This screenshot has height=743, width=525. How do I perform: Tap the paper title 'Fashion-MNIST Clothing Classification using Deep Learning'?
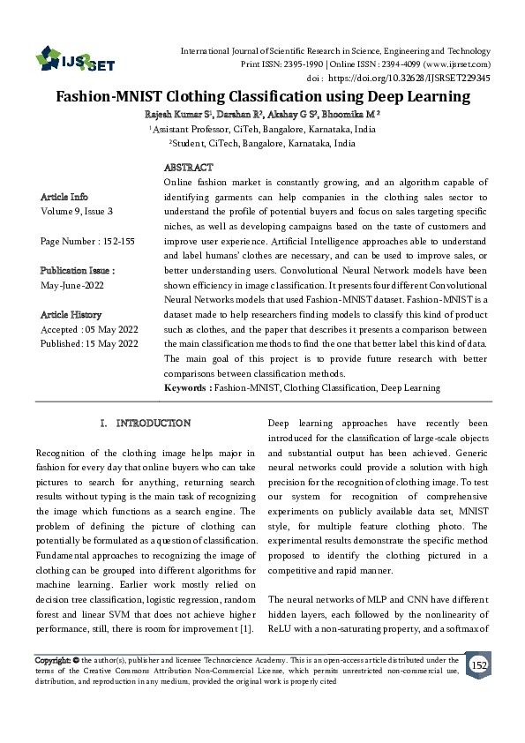[x=262, y=97]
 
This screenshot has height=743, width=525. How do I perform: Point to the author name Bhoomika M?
[x=349, y=115]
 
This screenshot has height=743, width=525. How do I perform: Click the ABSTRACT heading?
[x=188, y=168]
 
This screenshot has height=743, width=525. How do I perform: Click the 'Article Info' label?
[x=64, y=196]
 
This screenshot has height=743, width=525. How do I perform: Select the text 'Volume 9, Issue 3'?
[x=77, y=212]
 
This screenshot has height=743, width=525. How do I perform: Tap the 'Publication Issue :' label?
[x=78, y=271]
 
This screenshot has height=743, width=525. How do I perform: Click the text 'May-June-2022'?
[x=73, y=285]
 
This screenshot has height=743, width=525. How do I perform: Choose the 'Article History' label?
[x=71, y=314]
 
